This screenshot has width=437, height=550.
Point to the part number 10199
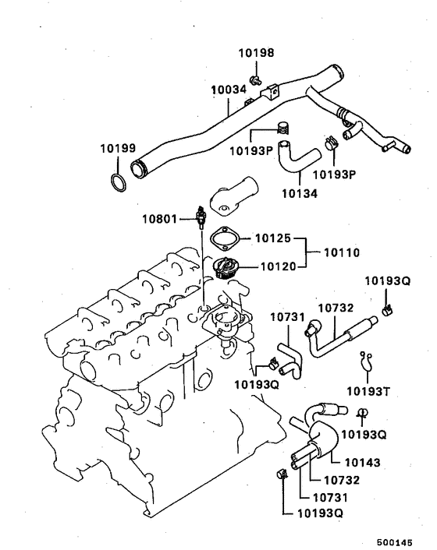117,148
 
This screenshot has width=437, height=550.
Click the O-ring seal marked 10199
118,183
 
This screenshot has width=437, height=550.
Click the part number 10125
275,238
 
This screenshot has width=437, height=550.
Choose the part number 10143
363,463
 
